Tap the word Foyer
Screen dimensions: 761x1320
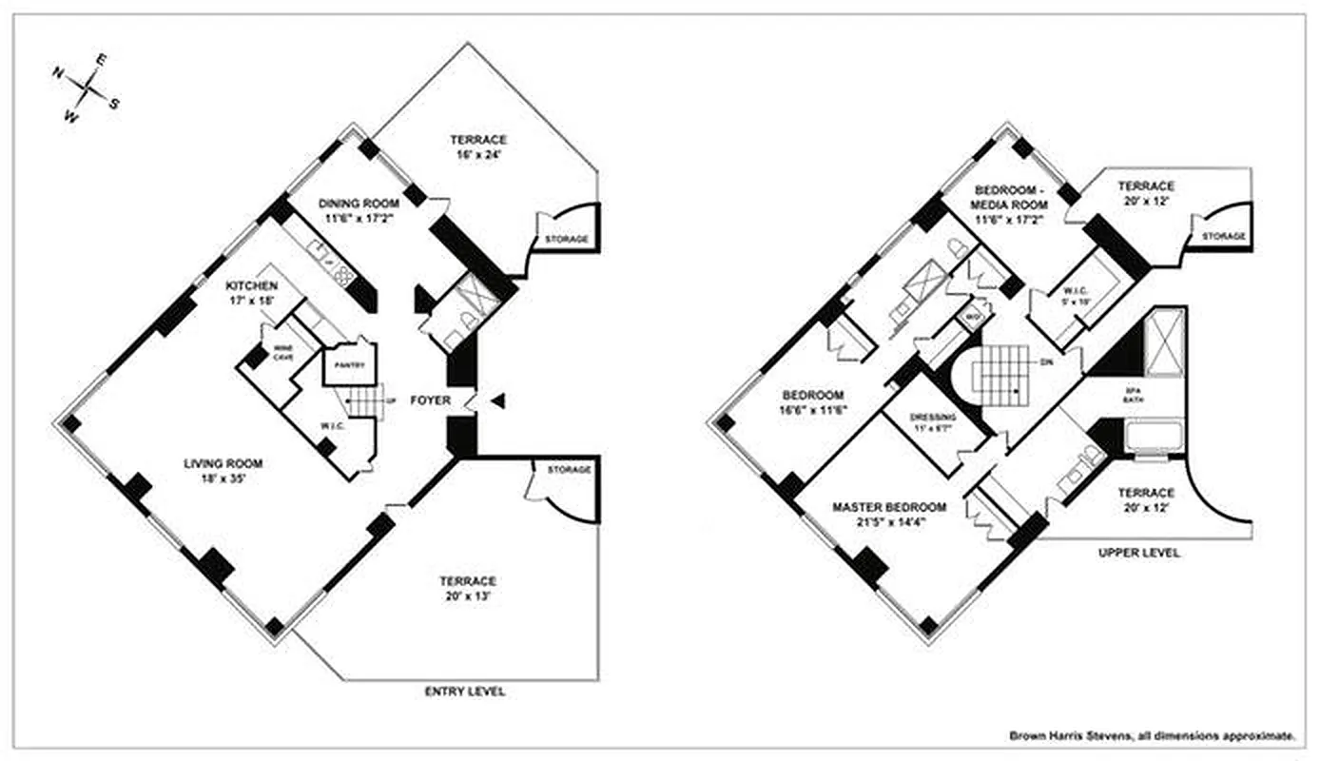(x=430, y=400)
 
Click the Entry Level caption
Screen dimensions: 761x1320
(x=464, y=692)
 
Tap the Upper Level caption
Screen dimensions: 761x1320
(x=1139, y=553)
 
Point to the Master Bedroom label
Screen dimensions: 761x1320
(x=889, y=515)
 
